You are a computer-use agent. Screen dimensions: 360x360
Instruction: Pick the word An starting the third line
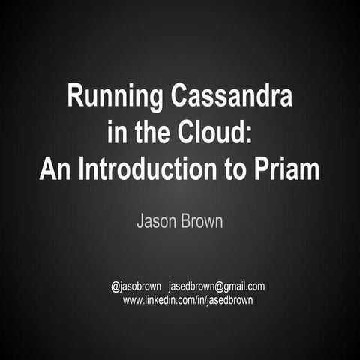click(55, 170)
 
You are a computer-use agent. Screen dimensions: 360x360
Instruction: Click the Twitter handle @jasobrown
click(136, 286)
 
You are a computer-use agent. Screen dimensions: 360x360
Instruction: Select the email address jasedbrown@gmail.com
click(217, 286)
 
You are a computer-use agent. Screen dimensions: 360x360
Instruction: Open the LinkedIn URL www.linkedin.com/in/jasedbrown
click(187, 299)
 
